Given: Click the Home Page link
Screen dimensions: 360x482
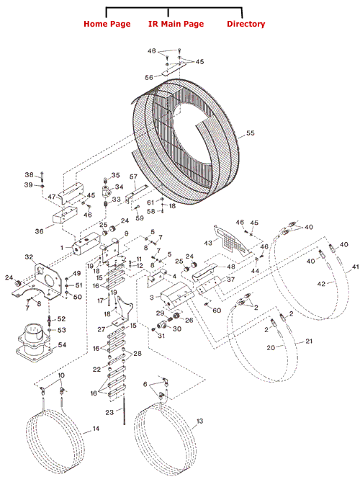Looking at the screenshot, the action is pos(107,24).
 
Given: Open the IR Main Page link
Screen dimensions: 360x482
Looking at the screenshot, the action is pos(176,24).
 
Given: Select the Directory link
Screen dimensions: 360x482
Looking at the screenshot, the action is pos(246,24).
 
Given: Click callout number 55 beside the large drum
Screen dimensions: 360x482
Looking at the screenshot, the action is pos(251,133).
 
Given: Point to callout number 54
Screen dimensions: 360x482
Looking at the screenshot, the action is pos(62,345).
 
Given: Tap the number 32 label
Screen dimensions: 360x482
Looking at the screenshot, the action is pos(29,257).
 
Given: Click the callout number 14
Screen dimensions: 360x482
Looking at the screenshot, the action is pos(96,428).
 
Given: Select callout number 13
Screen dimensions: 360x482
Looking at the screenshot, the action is pos(199,421).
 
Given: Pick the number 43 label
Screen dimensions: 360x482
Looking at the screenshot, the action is pos(208,243).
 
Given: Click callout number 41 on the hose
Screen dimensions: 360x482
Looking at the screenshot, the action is pos(355,267).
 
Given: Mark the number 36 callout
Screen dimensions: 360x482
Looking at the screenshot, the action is pos(40,231).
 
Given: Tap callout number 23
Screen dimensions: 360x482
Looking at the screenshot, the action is pos(109,412).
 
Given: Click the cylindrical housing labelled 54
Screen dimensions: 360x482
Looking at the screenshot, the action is pos(33,339).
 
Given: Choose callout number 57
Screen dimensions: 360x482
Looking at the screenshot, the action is pos(133,177).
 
